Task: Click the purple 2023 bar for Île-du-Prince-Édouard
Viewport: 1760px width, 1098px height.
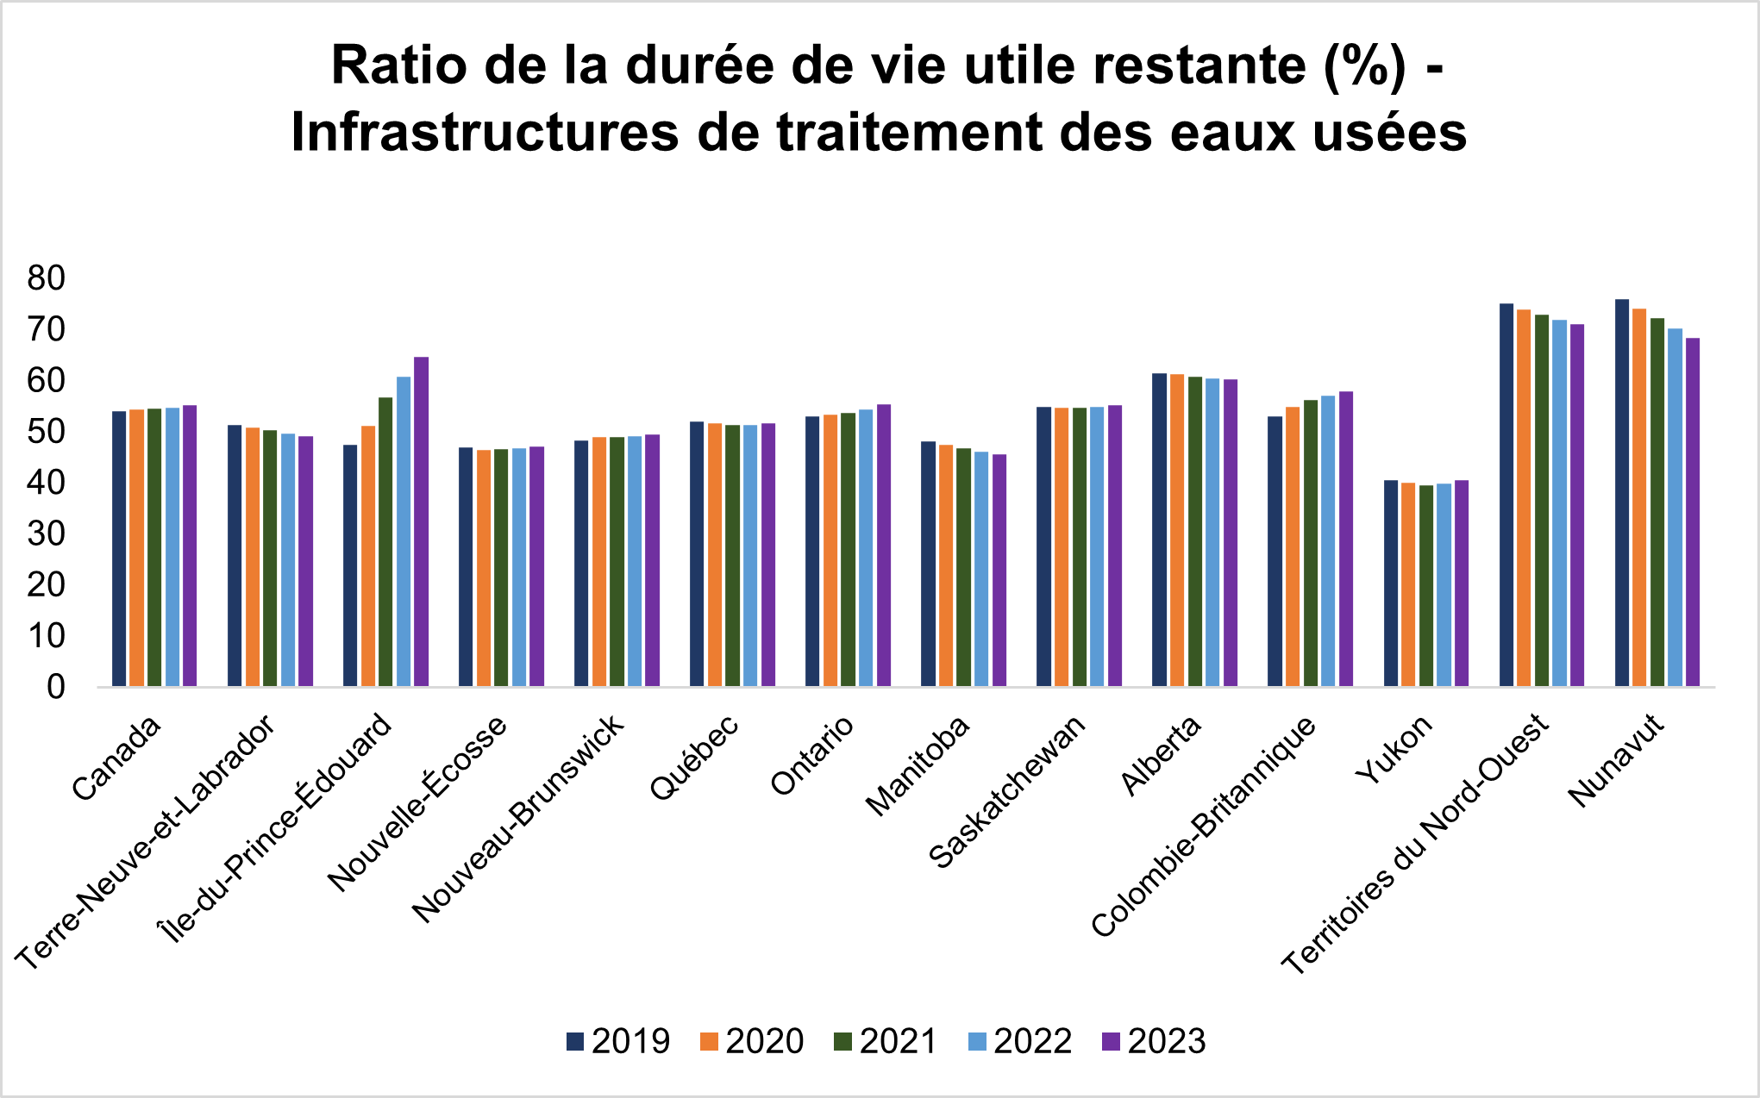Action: tap(421, 521)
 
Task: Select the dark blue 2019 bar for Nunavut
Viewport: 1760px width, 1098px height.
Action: tap(1622, 493)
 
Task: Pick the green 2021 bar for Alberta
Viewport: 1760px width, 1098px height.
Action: tap(1195, 531)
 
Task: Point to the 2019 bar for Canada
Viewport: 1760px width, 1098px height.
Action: tap(119, 548)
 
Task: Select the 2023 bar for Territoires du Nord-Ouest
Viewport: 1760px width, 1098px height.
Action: tap(1577, 505)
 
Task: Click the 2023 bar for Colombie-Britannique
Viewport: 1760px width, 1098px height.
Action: tap(1346, 539)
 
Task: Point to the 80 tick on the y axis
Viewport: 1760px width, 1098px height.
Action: tap(47, 278)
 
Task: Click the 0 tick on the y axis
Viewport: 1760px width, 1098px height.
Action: tap(56, 687)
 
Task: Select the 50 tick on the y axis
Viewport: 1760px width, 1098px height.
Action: tap(47, 432)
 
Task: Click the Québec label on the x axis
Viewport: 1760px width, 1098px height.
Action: tap(695, 757)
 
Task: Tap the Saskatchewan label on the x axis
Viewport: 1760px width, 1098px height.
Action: tap(1007, 791)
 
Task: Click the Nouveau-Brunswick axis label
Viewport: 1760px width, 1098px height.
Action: tap(517, 819)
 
